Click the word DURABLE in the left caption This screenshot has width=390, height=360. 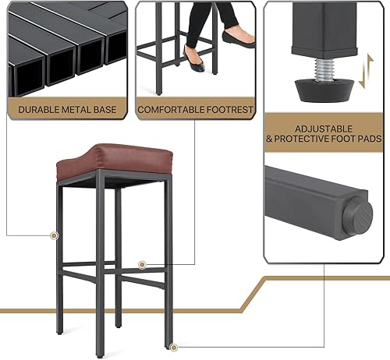[x=36, y=110]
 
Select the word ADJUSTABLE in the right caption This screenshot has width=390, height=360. [x=324, y=129]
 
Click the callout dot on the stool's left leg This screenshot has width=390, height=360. [x=54, y=235]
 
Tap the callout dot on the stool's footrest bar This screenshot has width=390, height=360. [x=142, y=265]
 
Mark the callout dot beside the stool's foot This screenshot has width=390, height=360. [x=173, y=347]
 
